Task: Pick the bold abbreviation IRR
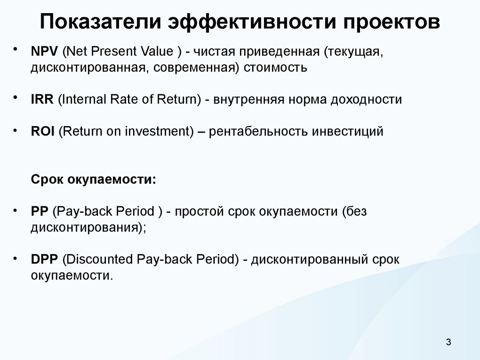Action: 43,99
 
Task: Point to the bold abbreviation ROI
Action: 43,132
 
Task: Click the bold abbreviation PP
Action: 40,211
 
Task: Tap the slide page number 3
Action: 449,342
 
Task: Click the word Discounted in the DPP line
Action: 98,259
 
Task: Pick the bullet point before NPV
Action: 17,49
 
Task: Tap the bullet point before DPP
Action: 17,257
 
